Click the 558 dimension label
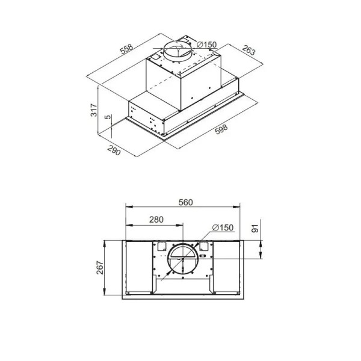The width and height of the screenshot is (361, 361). point(127,49)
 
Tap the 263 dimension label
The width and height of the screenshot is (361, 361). point(248,51)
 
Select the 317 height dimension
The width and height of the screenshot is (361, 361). point(94,110)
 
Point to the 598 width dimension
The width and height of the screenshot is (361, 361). point(221,129)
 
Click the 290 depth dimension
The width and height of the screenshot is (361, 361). point(114,150)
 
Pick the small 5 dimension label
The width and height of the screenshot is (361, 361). point(108,117)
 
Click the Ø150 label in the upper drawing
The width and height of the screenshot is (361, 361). point(207,45)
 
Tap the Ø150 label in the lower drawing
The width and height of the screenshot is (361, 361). point(223,227)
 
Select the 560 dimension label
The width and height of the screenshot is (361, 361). point(185,202)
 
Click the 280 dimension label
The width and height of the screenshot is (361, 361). point(156,220)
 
